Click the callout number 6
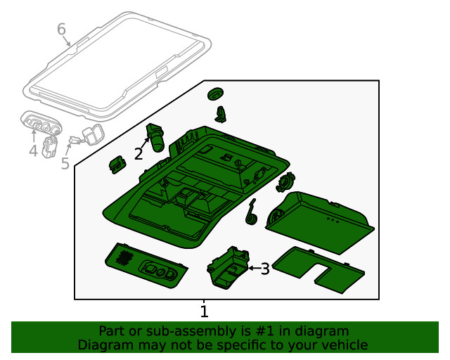[61, 30]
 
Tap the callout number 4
[33, 151]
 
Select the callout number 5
[65, 164]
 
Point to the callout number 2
[139, 153]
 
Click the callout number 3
[265, 268]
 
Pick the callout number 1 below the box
[204, 311]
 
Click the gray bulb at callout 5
[90, 134]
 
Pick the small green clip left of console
[116, 165]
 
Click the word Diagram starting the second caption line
[103, 345]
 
